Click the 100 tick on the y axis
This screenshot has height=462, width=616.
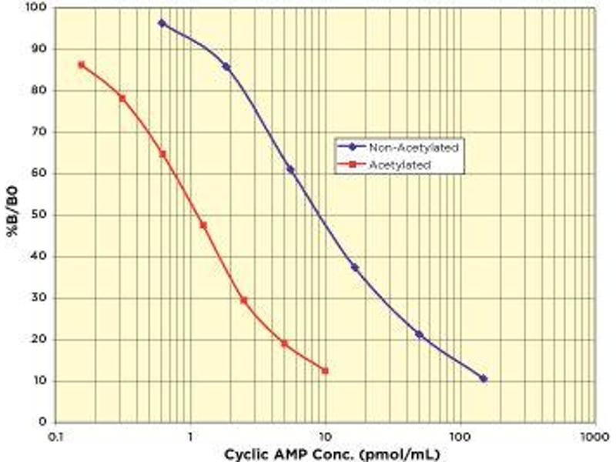35,8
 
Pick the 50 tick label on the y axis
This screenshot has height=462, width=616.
38,215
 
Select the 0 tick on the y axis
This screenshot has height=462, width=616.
43,422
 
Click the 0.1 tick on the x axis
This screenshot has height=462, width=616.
54,437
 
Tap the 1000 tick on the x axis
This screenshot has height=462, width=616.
594,437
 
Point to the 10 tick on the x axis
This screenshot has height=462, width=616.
324,437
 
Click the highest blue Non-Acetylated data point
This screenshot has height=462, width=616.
162,23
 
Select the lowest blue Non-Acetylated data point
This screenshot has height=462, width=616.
484,379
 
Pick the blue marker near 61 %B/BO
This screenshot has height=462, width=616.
290,169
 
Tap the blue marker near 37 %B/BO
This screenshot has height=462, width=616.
355,267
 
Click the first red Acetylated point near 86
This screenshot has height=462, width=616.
81,65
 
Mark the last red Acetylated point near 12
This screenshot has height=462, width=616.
325,370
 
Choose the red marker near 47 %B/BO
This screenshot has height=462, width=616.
203,225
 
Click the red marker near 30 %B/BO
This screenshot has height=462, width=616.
244,300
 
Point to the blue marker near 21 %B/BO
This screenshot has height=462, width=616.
419,334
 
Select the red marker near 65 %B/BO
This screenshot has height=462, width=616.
162,154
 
